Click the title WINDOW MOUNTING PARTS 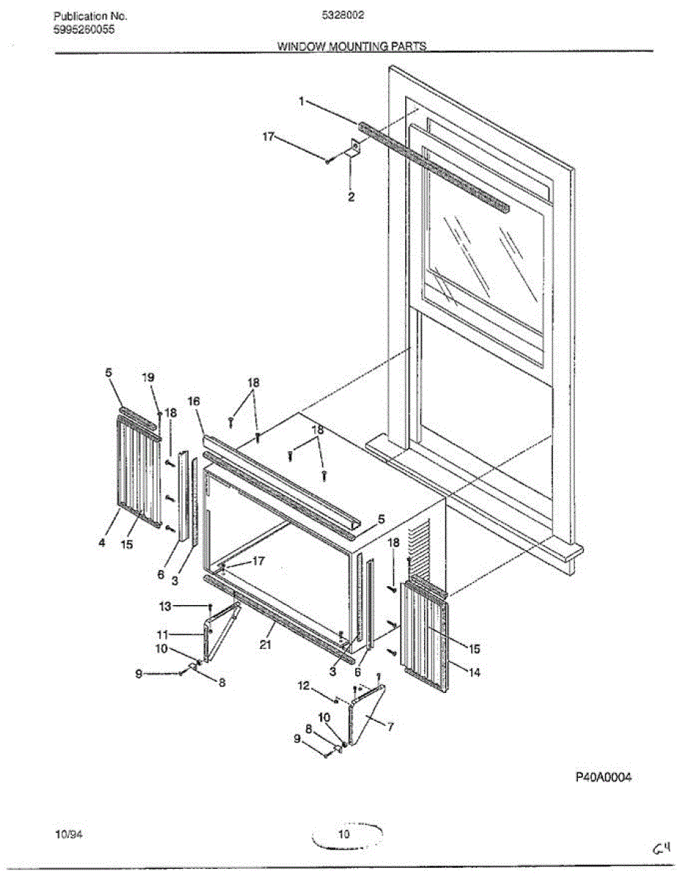(x=352, y=46)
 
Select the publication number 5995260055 (x=84, y=29)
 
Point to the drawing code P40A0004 (x=603, y=777)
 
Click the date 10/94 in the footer (x=65, y=834)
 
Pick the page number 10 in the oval (x=344, y=834)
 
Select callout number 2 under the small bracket (x=351, y=197)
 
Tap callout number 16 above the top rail (x=193, y=401)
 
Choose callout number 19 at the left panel (x=148, y=377)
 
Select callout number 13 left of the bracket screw (x=164, y=606)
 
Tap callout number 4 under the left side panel (x=103, y=543)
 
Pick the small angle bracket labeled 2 (x=355, y=149)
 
